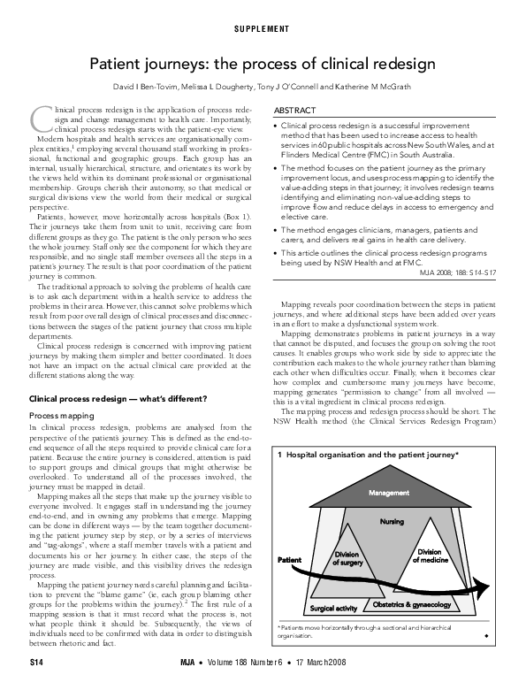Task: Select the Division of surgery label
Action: click(x=346, y=559)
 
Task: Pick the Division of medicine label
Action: click(x=428, y=556)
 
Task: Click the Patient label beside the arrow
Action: click(x=290, y=561)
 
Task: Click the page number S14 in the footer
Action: click(x=36, y=661)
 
